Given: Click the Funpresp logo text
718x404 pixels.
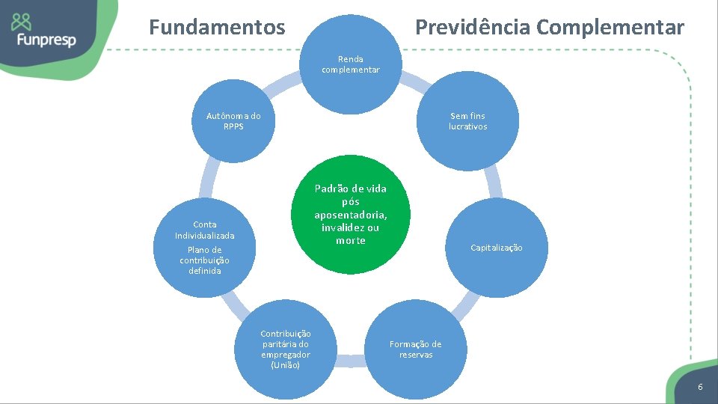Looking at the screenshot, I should [44, 39].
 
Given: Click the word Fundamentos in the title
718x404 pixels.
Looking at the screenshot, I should [217, 28].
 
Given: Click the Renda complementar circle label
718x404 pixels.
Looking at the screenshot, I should [350, 64].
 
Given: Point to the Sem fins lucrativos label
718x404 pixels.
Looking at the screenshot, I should [467, 121].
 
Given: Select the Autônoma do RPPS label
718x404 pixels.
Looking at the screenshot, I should [233, 121].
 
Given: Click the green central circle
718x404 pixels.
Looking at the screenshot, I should [351, 214].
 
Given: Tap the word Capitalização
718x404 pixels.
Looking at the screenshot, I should [497, 248].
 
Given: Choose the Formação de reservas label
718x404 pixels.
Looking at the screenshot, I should [415, 349].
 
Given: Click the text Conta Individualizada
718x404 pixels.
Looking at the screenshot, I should [204, 230].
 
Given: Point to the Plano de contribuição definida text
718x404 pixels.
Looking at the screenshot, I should [204, 260].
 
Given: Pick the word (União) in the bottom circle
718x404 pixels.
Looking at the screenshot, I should [285, 365].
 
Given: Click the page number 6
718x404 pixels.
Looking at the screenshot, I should [700, 386].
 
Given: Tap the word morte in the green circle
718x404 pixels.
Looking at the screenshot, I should [350, 240].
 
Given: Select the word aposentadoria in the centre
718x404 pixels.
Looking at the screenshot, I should [350, 215].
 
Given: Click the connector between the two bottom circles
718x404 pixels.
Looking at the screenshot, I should [349, 362].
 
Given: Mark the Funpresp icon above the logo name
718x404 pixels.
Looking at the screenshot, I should [22, 21].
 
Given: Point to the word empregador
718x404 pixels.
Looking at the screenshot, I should [286, 355].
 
